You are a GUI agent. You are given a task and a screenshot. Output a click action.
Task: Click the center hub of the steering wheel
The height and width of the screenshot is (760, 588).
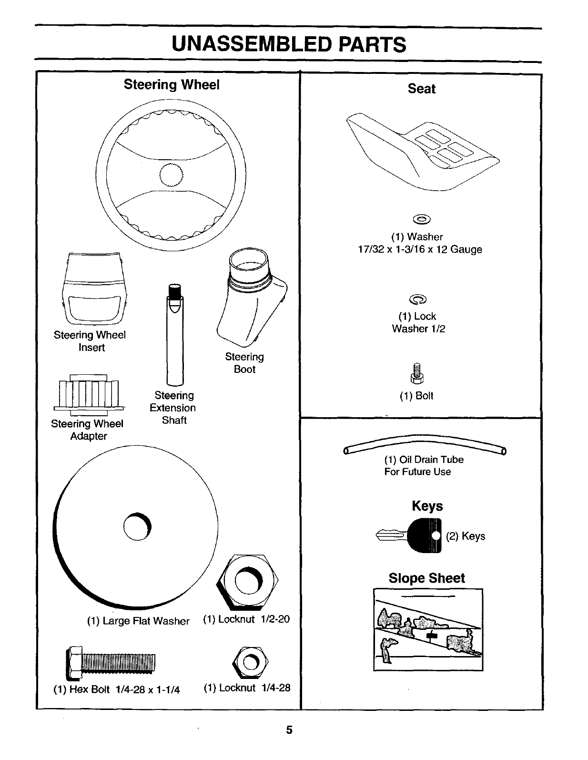point(171,175)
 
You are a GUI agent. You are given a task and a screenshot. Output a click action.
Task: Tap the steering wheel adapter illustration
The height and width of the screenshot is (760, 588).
point(89,395)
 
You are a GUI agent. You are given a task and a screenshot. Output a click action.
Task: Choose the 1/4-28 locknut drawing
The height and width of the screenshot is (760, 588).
point(250,661)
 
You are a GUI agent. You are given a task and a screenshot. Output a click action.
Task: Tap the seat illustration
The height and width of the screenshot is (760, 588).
point(422,150)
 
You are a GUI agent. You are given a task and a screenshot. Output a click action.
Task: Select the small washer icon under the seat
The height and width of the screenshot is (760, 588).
point(422,219)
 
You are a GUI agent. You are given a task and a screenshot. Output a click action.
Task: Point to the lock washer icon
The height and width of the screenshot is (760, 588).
point(418,299)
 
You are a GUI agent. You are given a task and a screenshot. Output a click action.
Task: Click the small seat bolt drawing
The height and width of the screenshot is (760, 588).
point(417,373)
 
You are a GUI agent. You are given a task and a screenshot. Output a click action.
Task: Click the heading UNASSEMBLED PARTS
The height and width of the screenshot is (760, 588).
point(289,45)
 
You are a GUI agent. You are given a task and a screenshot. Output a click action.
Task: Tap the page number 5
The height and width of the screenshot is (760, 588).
point(289,730)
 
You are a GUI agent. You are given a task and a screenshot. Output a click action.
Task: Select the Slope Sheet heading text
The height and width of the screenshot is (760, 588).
point(426,578)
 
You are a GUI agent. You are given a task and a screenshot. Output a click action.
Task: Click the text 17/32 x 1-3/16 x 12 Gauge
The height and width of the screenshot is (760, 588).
point(420,249)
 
